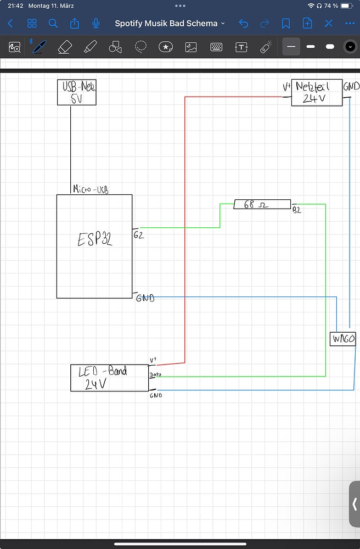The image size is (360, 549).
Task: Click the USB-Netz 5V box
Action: (77, 92)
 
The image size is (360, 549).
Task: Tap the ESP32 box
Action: (94, 246)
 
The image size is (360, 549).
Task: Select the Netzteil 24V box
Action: (317, 92)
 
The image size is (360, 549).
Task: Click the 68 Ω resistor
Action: (262, 205)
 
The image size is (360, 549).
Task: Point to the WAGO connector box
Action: (343, 339)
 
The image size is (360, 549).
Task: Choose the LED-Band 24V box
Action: (109, 378)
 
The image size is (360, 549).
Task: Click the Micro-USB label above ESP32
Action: (91, 189)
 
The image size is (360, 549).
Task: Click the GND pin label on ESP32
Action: (145, 298)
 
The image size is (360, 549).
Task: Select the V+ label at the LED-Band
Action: (153, 360)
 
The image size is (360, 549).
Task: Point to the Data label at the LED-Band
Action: (155, 375)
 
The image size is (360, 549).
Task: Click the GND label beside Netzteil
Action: (351, 87)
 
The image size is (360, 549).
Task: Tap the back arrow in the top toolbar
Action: (10, 24)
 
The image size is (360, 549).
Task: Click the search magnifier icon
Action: (53, 24)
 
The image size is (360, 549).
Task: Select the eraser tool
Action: (65, 47)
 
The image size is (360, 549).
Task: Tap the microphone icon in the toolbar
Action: (96, 24)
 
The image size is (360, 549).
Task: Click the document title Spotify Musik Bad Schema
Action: (166, 24)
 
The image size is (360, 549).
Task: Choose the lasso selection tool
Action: (141, 47)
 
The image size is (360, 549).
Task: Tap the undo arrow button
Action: (244, 24)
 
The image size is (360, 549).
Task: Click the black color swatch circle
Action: (350, 47)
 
